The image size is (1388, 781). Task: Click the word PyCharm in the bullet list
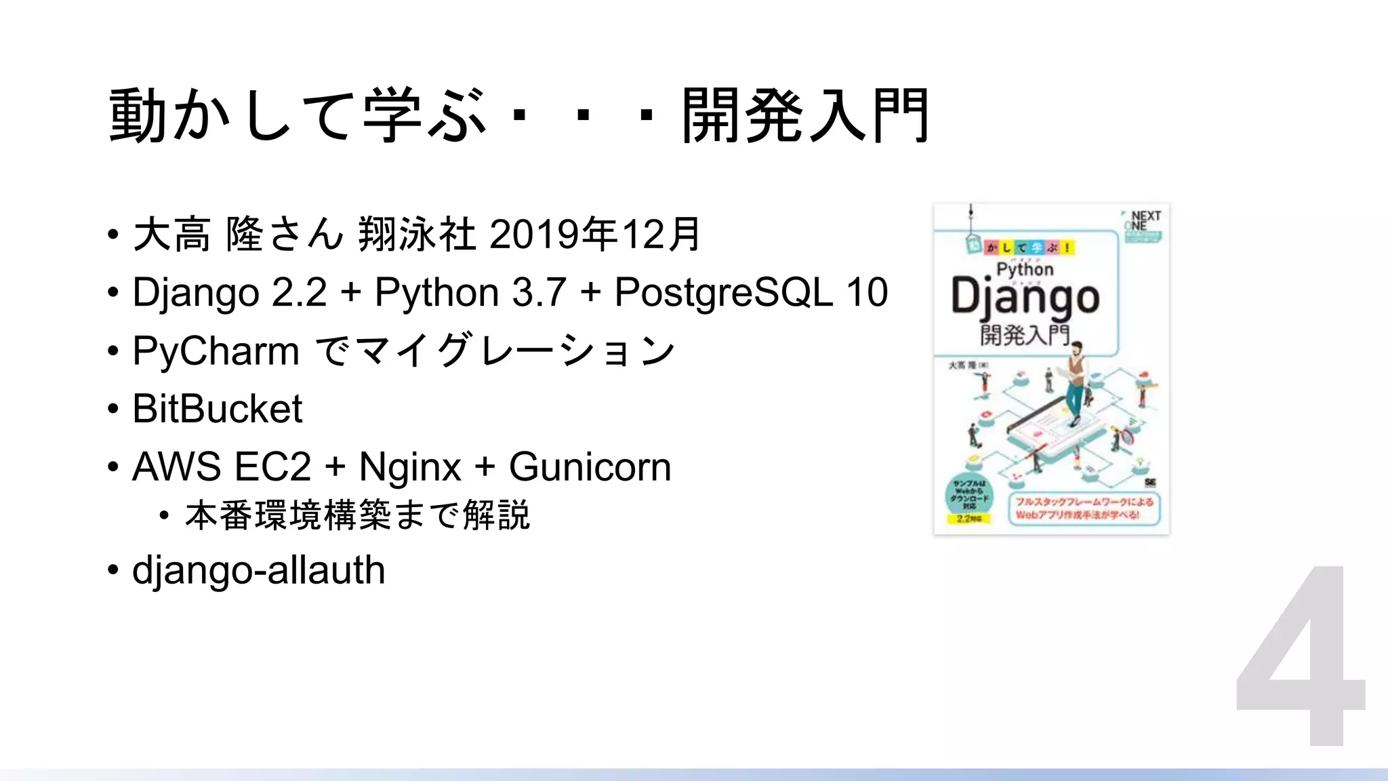(216, 351)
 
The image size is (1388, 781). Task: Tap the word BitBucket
(217, 409)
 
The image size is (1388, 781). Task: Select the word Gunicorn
(590, 466)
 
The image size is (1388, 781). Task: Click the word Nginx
(410, 466)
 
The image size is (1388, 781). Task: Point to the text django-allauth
(258, 569)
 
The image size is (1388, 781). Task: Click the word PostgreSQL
(723, 292)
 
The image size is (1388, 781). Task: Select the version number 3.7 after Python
(539, 292)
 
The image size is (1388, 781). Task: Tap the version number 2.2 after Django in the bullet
(299, 292)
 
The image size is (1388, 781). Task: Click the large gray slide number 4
(1300, 656)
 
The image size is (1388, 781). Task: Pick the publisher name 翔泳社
(416, 234)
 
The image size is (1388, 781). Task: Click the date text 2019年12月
(594, 234)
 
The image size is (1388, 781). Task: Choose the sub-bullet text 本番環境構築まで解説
(357, 515)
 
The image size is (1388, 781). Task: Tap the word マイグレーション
(514, 351)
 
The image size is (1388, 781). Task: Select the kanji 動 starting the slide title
(138, 115)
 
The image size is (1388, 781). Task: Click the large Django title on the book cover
(1025, 298)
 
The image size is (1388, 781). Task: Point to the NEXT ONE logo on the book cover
(1144, 221)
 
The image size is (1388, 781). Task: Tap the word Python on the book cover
(1025, 269)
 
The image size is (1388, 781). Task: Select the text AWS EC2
(222, 466)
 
